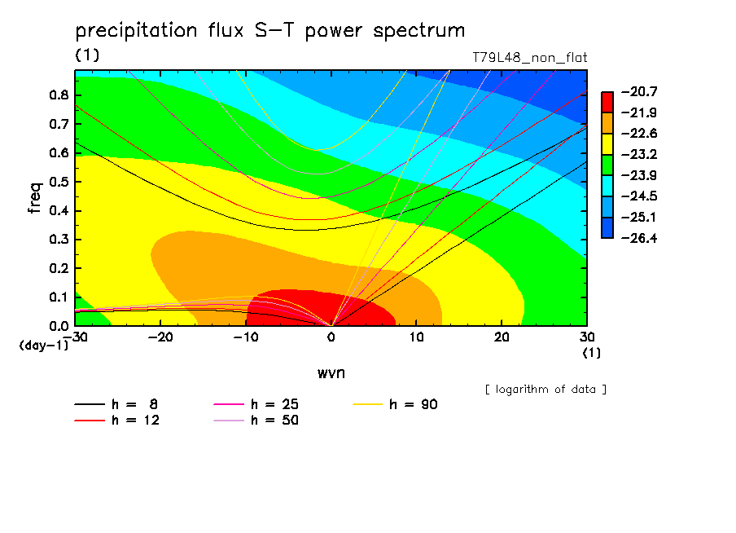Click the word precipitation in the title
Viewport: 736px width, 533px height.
[x=136, y=31]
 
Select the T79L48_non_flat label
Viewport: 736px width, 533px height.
[x=529, y=58]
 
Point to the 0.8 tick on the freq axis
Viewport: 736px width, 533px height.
[x=59, y=95]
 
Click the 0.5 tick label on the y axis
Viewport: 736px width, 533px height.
[x=59, y=182]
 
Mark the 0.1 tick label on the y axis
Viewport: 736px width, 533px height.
[x=59, y=297]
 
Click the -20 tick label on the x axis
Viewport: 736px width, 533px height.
[x=160, y=337]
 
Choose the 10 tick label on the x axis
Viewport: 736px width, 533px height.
[x=416, y=337]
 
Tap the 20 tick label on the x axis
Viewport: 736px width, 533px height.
[x=502, y=337]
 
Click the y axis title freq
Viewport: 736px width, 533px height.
[x=35, y=198]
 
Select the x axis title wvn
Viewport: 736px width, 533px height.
[x=331, y=373]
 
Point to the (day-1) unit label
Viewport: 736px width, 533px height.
[x=44, y=346]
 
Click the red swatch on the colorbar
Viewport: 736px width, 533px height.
[x=607, y=102]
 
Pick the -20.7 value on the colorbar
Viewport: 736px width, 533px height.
[x=639, y=91]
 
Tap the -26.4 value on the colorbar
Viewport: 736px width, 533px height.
[x=639, y=238]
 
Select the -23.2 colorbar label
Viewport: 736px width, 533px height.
[x=639, y=155]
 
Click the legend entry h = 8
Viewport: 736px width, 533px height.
[x=116, y=404]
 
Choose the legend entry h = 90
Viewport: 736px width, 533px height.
[x=395, y=404]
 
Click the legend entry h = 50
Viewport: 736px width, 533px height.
[x=256, y=421]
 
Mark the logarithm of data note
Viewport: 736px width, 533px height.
[x=546, y=390]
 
